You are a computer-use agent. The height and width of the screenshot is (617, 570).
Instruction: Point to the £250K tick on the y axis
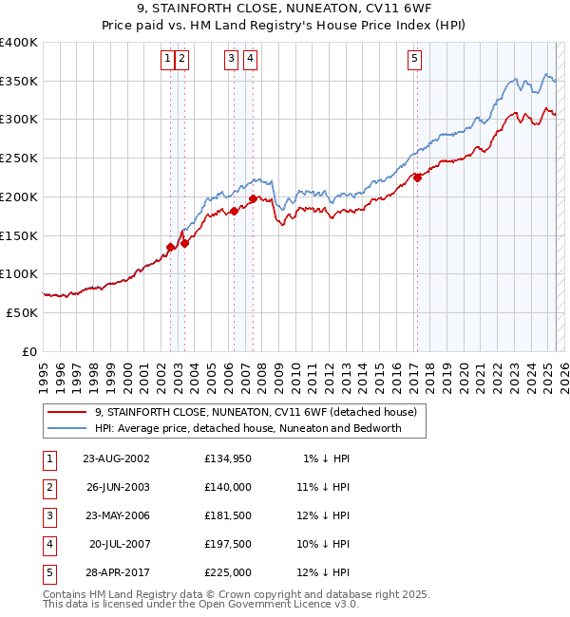19,158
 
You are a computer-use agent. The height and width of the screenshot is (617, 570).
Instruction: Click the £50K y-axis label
23,312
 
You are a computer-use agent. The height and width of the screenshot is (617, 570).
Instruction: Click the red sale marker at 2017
417,177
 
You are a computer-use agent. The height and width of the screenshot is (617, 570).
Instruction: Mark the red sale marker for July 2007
254,198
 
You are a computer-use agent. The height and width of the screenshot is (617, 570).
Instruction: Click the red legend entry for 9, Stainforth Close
255,412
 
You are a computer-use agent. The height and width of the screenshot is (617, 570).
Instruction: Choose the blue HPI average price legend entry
248,428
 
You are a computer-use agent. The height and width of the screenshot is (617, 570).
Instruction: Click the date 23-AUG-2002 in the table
116,458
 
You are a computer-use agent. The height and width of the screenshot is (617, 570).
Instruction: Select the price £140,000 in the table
228,487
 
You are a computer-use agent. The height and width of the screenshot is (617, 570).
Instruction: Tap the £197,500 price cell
228,544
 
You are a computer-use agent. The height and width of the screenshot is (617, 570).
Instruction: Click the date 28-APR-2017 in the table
116,572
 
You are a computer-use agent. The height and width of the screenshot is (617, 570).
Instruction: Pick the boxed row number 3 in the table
47,515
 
